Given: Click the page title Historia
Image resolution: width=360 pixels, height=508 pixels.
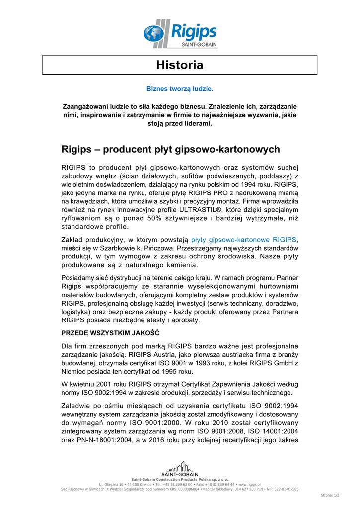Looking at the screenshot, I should coord(180,65).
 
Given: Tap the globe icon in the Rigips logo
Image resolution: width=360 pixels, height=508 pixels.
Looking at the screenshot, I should coord(153,34).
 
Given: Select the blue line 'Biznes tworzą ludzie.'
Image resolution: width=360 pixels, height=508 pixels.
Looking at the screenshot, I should coord(180,89).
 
